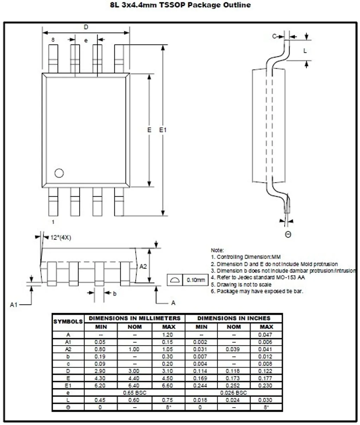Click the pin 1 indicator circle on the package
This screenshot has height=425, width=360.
[x=59, y=173]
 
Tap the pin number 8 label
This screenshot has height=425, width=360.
[x=53, y=40]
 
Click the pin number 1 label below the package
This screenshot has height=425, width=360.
[x=53, y=222]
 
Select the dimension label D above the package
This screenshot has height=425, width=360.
[x=86, y=27]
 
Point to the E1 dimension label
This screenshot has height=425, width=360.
[x=163, y=130]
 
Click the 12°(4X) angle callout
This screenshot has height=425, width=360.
[x=61, y=238]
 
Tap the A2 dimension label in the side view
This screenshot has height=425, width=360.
[x=143, y=267]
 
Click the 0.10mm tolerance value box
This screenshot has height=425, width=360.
[x=195, y=280]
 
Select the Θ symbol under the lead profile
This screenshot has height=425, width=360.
[x=288, y=234]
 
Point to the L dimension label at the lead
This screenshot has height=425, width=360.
[x=305, y=51]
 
